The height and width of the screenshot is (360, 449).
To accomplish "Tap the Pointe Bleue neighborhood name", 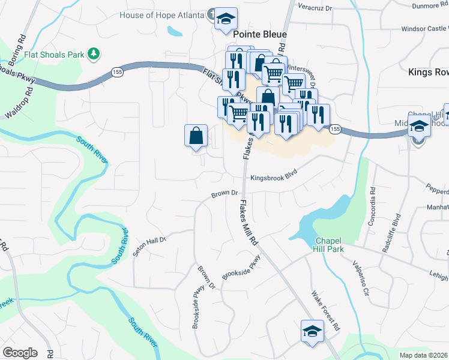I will [x=260, y=35].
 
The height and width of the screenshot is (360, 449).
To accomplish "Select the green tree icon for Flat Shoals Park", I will [x=93, y=55].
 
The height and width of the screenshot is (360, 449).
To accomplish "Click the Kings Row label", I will [x=428, y=72].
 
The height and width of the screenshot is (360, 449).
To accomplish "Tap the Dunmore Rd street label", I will [x=429, y=5].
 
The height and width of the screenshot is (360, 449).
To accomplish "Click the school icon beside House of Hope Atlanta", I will [x=226, y=19].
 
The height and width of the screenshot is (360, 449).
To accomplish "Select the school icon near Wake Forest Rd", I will [x=312, y=332].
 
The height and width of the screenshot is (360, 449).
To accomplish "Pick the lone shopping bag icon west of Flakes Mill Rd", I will [x=196, y=136].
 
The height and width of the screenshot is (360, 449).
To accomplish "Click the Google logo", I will [x=20, y=353].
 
